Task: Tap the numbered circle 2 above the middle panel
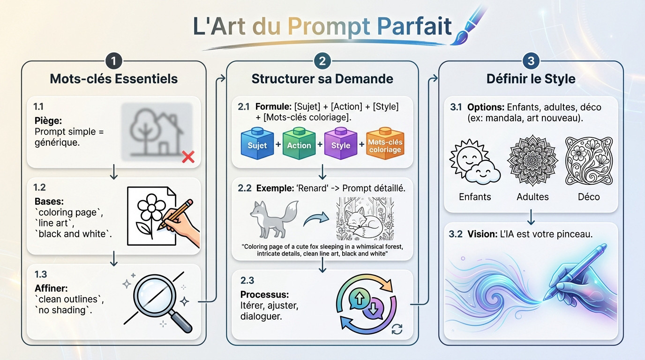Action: pyautogui.click(x=322, y=61)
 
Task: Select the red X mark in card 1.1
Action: pyautogui.click(x=188, y=157)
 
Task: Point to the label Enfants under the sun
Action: pyautogui.click(x=475, y=197)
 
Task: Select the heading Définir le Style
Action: pyautogui.click(x=531, y=79)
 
